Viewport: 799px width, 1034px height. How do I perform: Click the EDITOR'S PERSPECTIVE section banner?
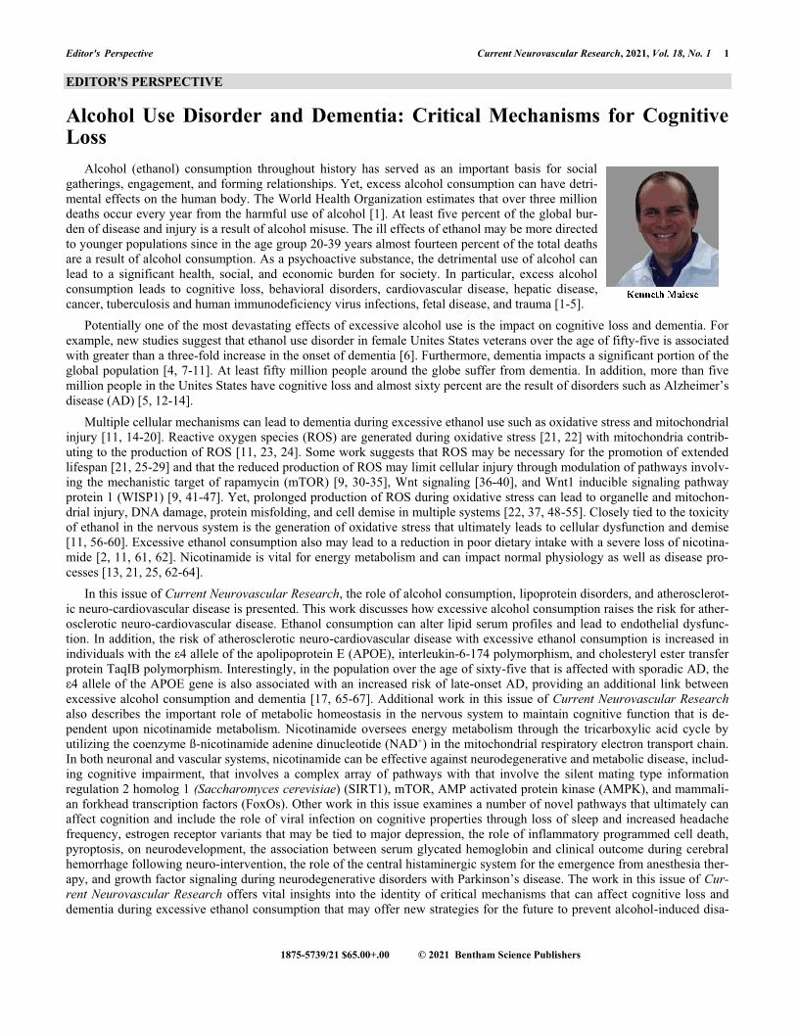point(145,82)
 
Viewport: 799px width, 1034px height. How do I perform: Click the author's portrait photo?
point(662,226)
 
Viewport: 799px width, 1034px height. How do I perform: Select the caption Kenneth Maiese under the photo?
point(662,294)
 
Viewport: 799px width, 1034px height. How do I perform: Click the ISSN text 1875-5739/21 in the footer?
point(311,955)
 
